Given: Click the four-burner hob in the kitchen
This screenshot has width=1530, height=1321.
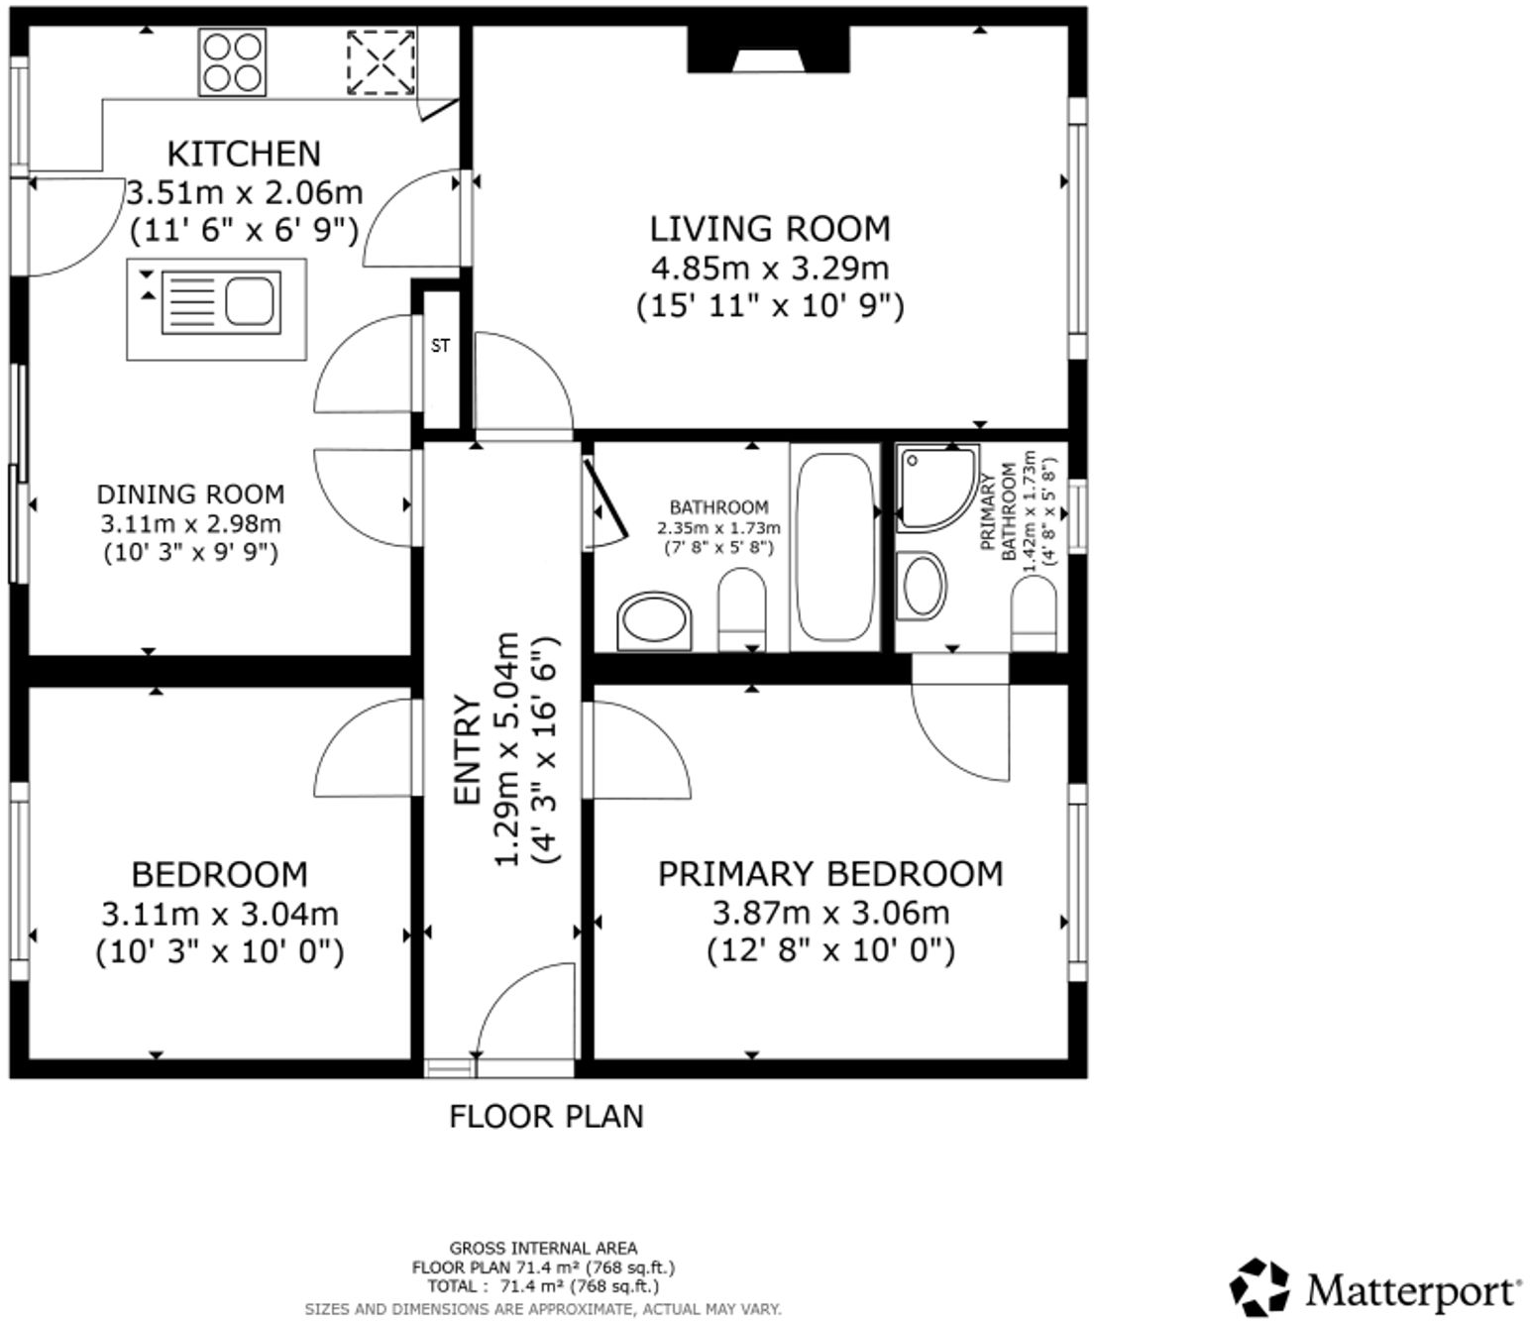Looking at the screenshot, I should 232,62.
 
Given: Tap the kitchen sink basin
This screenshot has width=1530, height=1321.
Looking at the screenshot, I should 249,301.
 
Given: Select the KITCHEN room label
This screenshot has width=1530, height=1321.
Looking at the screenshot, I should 244,154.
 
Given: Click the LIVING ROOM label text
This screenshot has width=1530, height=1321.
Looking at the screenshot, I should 770,229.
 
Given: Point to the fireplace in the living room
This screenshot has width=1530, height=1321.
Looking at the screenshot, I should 768,51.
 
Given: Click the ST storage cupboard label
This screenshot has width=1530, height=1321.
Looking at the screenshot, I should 440,346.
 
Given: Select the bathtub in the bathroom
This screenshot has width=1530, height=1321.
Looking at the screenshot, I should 835,546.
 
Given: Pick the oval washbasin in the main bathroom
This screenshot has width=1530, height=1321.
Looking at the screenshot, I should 654,622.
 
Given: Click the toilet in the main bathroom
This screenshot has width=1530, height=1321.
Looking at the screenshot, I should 741,607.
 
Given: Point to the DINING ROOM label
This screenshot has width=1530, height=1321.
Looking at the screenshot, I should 190,495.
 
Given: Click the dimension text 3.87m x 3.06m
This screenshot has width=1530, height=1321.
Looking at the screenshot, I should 830,913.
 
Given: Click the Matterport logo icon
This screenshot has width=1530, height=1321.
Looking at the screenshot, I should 1259,1287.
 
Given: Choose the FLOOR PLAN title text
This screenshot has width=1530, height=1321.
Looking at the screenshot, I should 546,1117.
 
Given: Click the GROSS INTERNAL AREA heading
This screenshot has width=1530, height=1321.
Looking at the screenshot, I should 543,1248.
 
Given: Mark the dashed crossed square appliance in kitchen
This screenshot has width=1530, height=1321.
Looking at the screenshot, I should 381,62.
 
